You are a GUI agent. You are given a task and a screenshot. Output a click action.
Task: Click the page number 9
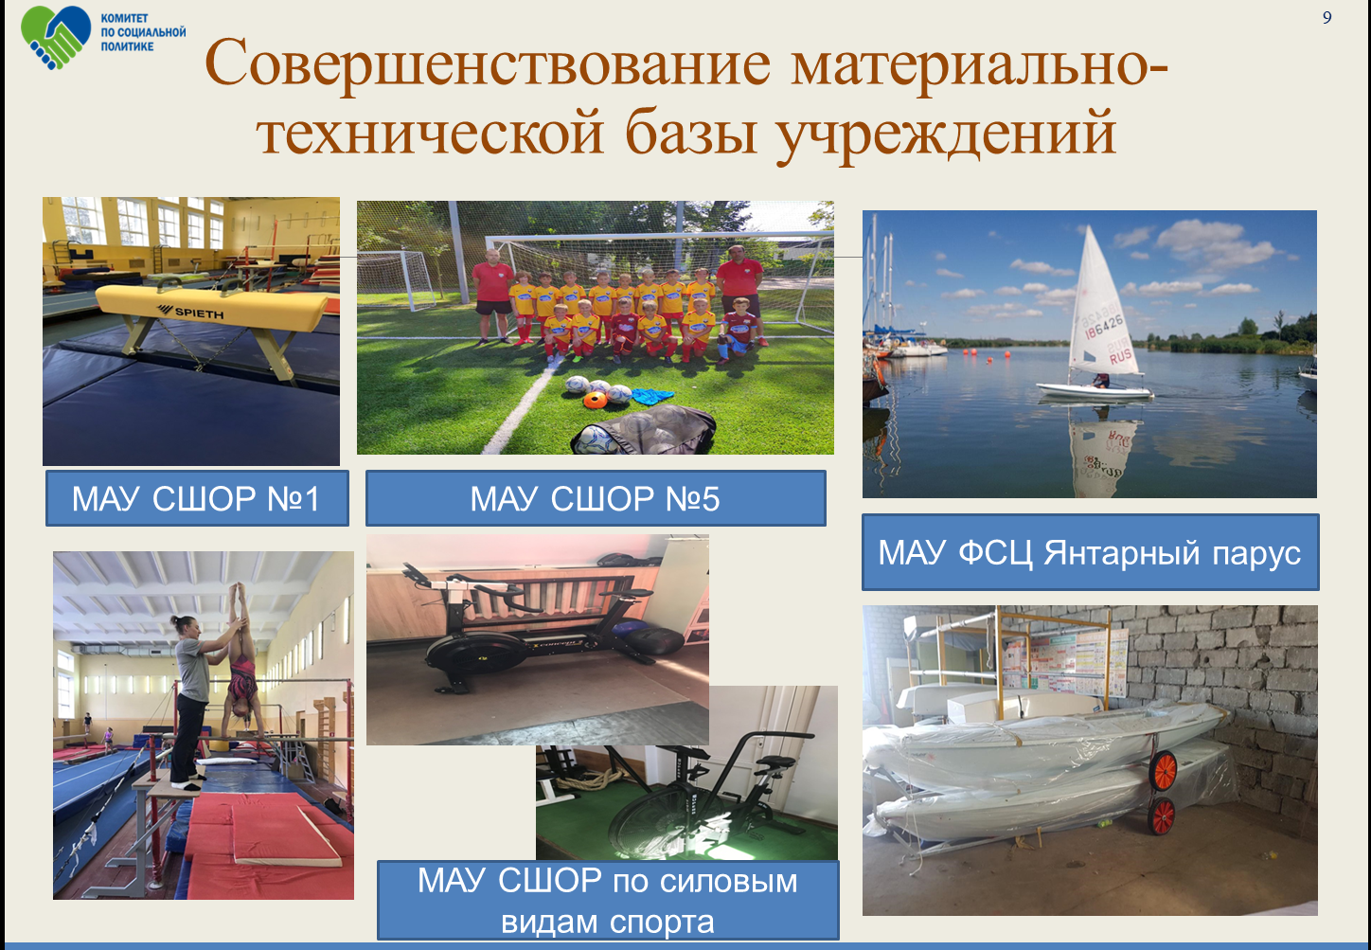pyautogui.click(x=1326, y=17)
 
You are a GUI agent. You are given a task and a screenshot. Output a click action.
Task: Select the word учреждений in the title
pyautogui.click(x=946, y=134)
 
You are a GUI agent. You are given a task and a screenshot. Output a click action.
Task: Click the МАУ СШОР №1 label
pyautogui.click(x=197, y=498)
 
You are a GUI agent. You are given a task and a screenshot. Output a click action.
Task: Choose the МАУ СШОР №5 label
pyautogui.click(x=596, y=498)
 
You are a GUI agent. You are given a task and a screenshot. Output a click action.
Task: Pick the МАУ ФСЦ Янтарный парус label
pyautogui.click(x=1090, y=552)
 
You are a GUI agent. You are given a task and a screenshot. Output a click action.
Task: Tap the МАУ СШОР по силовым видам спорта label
pyautogui.click(x=608, y=901)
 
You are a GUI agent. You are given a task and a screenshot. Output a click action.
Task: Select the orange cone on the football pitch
pyautogui.click(x=595, y=401)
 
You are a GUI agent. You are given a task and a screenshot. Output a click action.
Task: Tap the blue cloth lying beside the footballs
pyautogui.click(x=652, y=396)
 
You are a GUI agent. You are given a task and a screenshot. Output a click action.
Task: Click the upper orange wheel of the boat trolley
pyautogui.click(x=1164, y=771)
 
